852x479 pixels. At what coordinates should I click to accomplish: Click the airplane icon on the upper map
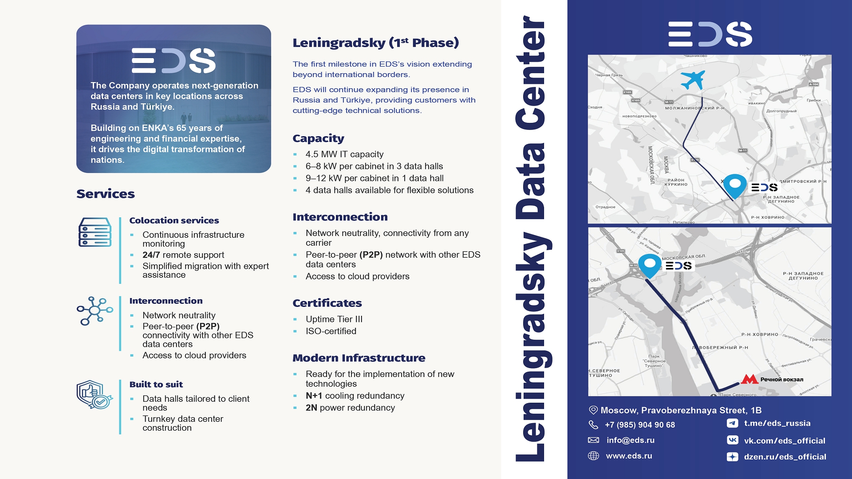pos(693,79)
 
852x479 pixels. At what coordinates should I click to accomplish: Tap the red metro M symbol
pos(749,379)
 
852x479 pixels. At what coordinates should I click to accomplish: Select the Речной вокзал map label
pos(781,380)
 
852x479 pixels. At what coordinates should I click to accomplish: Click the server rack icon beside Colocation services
pos(95,232)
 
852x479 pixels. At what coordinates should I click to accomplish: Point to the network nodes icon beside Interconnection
pos(95,310)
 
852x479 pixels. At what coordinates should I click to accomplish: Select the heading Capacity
pos(318,138)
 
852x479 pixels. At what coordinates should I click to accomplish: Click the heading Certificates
pos(327,303)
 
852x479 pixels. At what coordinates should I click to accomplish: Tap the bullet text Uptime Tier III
pos(334,319)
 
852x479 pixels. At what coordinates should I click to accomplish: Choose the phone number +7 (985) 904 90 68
pos(639,425)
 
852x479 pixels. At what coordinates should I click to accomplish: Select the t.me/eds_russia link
pos(777,423)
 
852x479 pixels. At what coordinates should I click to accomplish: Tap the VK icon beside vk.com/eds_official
pos(732,440)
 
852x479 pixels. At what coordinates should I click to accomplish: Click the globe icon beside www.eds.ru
pos(593,456)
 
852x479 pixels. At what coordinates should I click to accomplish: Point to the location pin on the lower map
pos(650,265)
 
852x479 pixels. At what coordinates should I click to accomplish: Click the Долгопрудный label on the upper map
pos(781,111)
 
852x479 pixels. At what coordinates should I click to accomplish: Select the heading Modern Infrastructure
pos(359,358)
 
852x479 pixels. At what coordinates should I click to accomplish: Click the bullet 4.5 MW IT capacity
pos(344,154)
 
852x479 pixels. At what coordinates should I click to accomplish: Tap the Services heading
pos(106,194)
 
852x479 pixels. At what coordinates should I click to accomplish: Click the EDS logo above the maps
pos(710,34)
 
